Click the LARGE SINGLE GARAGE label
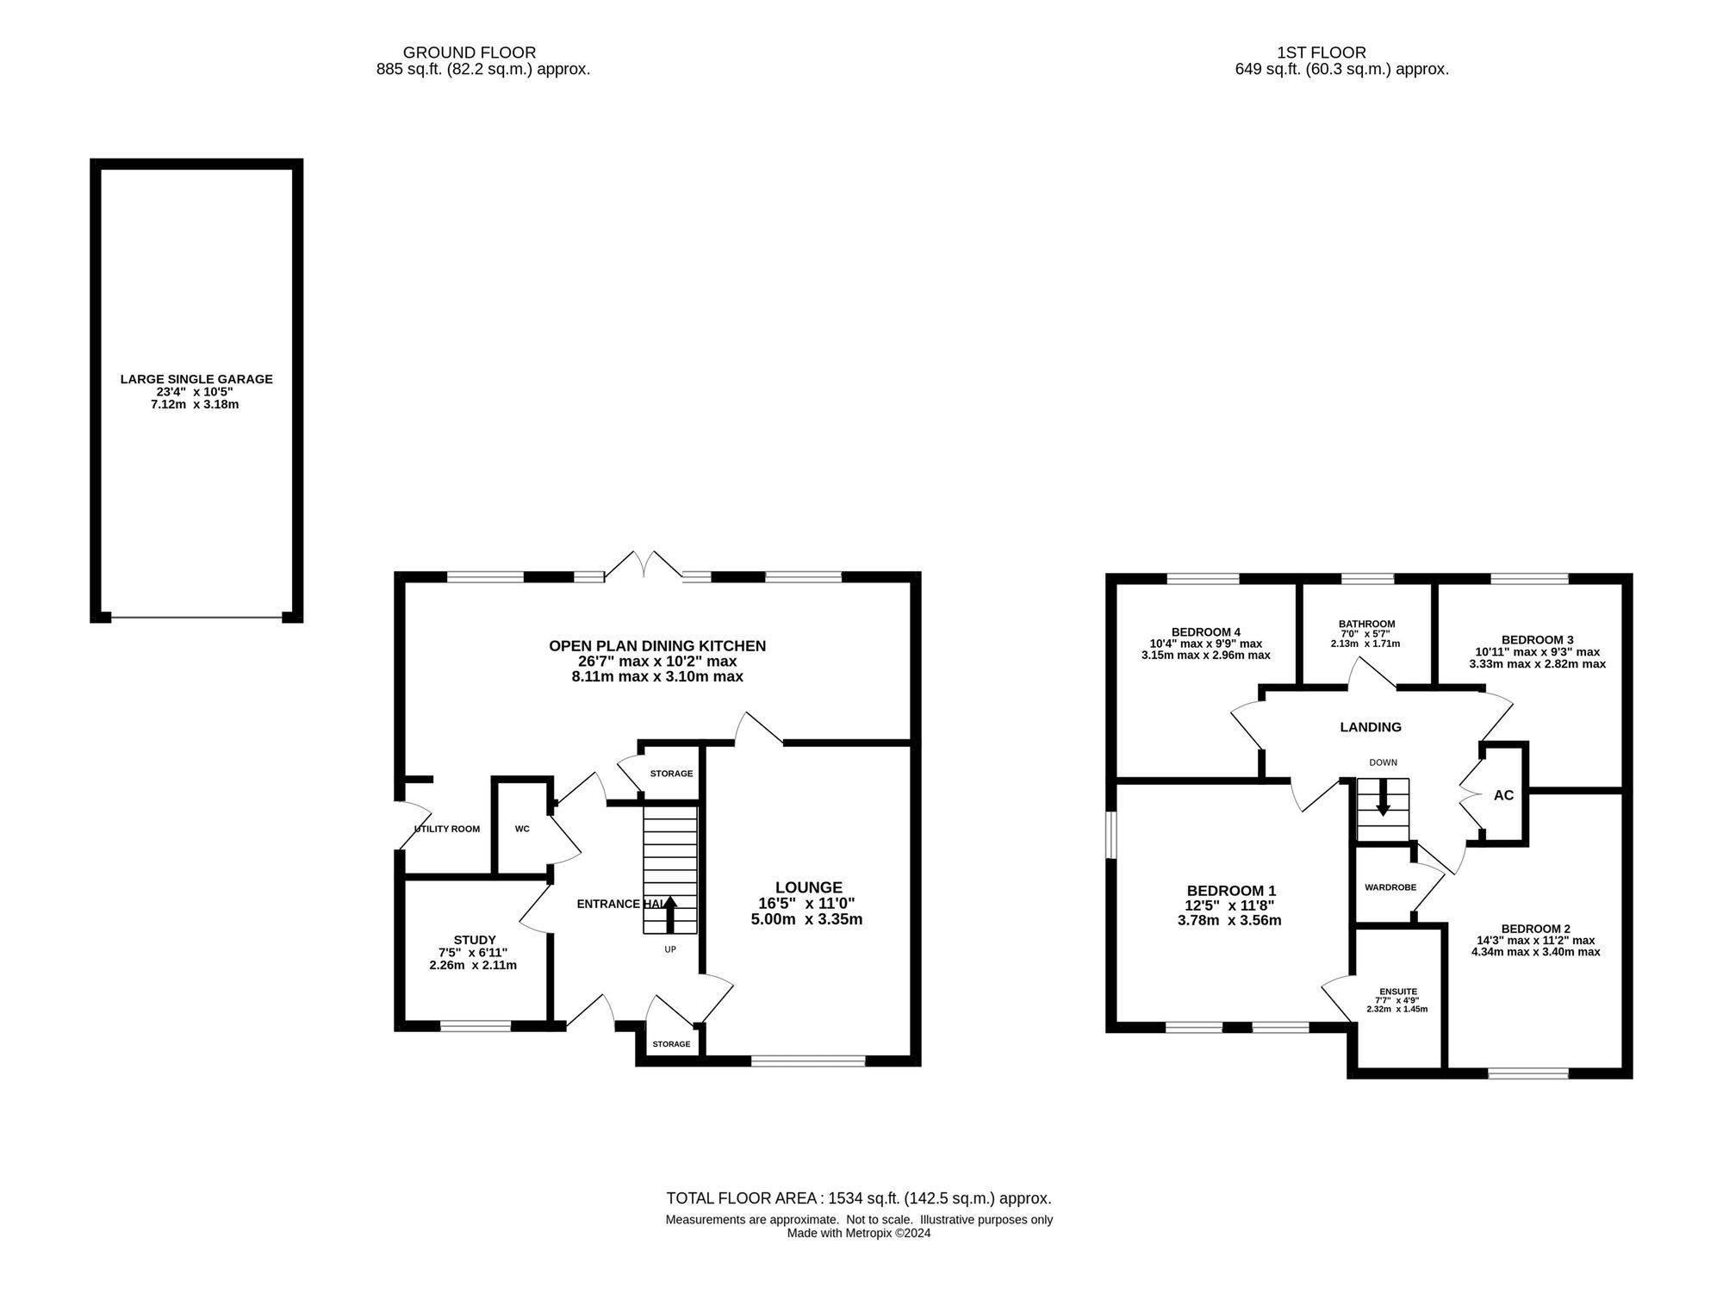point(196,379)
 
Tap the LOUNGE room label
point(808,887)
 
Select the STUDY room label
point(475,940)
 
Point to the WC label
point(522,830)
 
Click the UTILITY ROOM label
point(447,830)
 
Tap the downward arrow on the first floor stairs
point(1383,798)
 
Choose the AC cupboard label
point(1503,795)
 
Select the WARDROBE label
point(1390,887)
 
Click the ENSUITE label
point(1396,992)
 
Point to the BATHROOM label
point(1366,625)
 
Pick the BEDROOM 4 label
point(1206,632)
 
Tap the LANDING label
point(1371,727)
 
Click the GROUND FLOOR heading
point(470,53)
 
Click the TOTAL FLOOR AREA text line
point(859,1198)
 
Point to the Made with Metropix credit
point(859,1233)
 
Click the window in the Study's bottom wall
point(476,1025)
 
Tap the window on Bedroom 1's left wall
point(1111,835)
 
